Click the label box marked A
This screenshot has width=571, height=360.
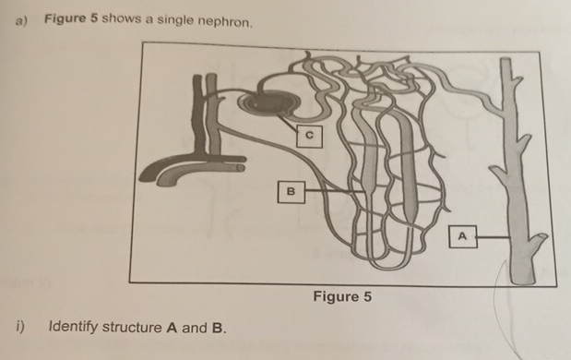pos(464,236)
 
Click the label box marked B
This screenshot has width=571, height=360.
pos(292,192)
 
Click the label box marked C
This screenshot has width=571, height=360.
pos(310,136)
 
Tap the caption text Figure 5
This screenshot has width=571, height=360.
pos(342,296)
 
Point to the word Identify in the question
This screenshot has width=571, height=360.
pos(74,327)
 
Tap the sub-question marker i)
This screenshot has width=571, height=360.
pos(19,327)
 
